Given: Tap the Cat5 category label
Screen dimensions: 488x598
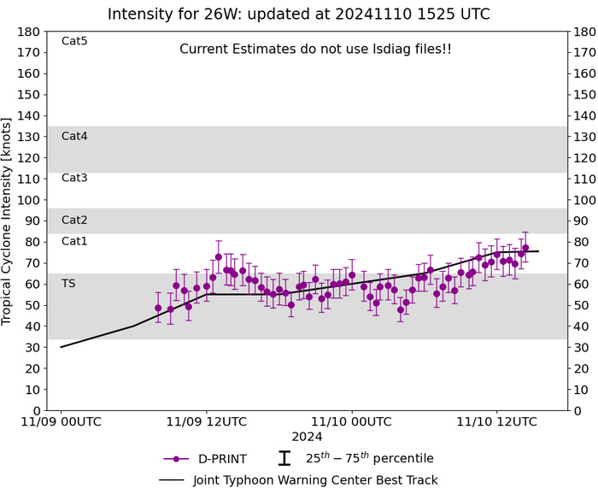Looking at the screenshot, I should pos(74,41).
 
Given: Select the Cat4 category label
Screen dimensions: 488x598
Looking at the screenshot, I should pos(74,136).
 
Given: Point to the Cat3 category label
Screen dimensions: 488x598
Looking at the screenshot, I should pos(74,178).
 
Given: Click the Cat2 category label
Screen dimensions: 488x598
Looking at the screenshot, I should pos(74,220).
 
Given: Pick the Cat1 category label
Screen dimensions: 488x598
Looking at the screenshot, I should pos(74,241).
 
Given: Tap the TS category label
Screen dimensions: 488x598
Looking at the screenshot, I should pos(68,283).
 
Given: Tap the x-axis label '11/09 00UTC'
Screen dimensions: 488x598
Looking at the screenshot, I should pos(61,420).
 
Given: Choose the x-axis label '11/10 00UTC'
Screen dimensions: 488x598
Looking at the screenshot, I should pos(351,420).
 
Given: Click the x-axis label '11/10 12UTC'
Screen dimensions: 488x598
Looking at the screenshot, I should pos(495,420).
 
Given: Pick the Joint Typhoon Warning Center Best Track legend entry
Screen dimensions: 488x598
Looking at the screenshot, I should pos(297,479).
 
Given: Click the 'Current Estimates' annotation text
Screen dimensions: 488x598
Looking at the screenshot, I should pos(315,50).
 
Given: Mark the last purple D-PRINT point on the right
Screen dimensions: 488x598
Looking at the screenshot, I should pos(525,248).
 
